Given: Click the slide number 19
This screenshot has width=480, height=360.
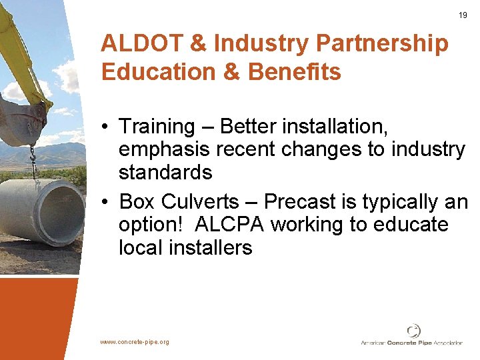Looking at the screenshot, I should pyautogui.click(x=463, y=15).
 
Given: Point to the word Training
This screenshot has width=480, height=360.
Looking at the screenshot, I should pyautogui.click(x=156, y=127).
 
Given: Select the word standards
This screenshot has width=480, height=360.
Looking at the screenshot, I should pyautogui.click(x=165, y=173).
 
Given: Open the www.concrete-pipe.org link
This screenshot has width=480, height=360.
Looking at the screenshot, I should pyautogui.click(x=135, y=342).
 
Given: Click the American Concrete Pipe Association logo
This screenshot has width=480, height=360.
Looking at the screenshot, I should pyautogui.click(x=414, y=336).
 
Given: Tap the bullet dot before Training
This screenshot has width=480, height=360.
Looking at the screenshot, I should pyautogui.click(x=106, y=127).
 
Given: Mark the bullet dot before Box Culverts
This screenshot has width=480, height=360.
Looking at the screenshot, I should pyautogui.click(x=106, y=201).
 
